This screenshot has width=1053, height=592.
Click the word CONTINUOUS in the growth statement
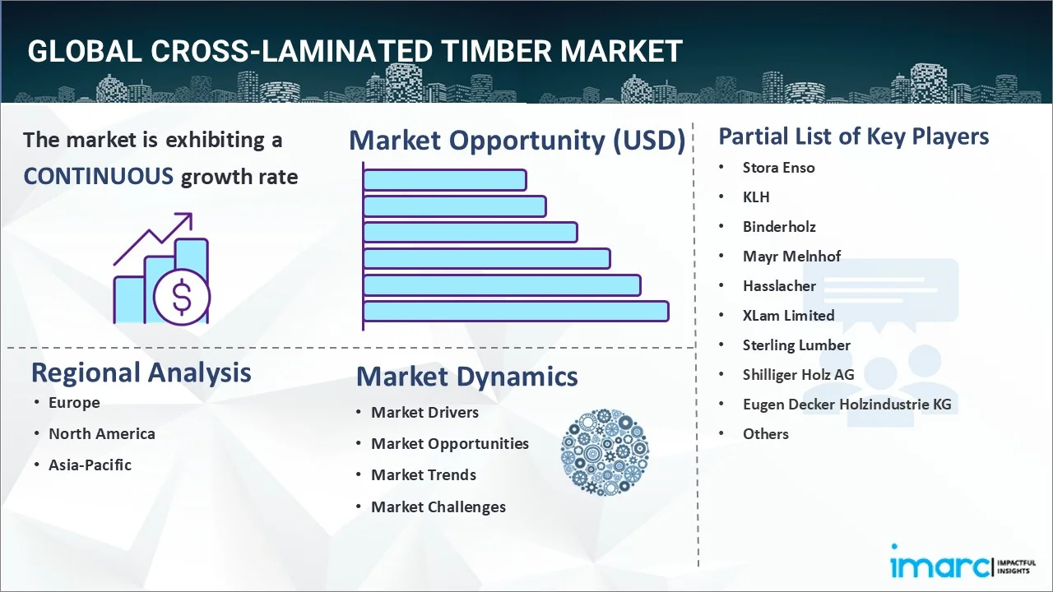pyautogui.click(x=99, y=177)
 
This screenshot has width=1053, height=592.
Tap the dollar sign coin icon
pyautogui.click(x=182, y=298)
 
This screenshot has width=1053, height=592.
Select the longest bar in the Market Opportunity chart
pyautogui.click(x=516, y=312)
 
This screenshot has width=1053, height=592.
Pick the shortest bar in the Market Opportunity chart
pyautogui.click(x=445, y=180)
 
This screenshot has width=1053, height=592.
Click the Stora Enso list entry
pyautogui.click(x=778, y=168)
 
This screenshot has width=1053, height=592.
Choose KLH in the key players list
pyautogui.click(x=756, y=197)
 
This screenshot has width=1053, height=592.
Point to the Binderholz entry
pyautogui.click(x=779, y=227)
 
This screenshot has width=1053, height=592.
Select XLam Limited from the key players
pyautogui.click(x=788, y=315)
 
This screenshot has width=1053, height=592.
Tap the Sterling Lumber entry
pyautogui.click(x=796, y=345)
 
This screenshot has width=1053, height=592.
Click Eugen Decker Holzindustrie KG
pyautogui.click(x=847, y=404)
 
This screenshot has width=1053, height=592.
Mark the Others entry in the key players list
pyautogui.click(x=765, y=433)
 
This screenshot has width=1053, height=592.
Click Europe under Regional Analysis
pyautogui.click(x=74, y=403)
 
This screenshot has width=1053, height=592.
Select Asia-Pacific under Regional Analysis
pyautogui.click(x=90, y=465)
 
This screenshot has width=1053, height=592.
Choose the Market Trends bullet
pyautogui.click(x=424, y=475)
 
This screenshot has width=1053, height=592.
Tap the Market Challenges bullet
pyautogui.click(x=438, y=507)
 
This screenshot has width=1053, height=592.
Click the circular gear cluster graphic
pyautogui.click(x=605, y=452)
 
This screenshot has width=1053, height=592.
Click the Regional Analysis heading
pyautogui.click(x=141, y=372)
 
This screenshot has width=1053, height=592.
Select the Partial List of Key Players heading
pyautogui.click(x=854, y=136)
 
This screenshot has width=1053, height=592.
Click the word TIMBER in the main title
pyautogui.click(x=495, y=51)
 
